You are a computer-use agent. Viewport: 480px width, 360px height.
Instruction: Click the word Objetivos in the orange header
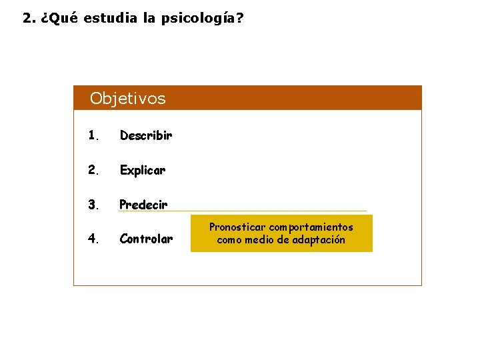click(x=127, y=99)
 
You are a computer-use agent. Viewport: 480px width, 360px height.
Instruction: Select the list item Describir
click(x=146, y=135)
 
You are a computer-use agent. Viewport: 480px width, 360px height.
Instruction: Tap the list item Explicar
click(x=143, y=170)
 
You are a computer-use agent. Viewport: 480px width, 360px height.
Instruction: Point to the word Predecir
click(x=143, y=205)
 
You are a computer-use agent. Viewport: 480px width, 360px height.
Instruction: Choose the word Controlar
click(x=146, y=239)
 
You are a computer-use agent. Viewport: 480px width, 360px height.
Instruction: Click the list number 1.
click(x=93, y=135)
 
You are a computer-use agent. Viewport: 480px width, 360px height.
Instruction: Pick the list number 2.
click(x=93, y=170)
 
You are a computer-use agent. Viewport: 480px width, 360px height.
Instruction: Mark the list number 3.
click(x=93, y=205)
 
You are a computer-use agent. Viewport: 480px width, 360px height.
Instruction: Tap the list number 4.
click(x=93, y=239)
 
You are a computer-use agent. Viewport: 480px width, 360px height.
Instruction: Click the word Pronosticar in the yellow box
click(x=237, y=227)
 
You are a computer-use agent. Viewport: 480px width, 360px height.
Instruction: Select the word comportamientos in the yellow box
click(x=311, y=227)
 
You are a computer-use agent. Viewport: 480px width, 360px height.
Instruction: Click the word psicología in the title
click(x=197, y=18)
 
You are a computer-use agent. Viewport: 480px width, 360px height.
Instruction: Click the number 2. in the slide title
click(x=28, y=18)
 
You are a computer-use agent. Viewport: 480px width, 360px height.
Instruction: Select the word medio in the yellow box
click(x=258, y=240)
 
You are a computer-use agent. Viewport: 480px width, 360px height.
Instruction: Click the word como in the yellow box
click(x=230, y=240)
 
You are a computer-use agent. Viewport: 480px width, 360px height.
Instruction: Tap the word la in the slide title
click(x=149, y=18)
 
